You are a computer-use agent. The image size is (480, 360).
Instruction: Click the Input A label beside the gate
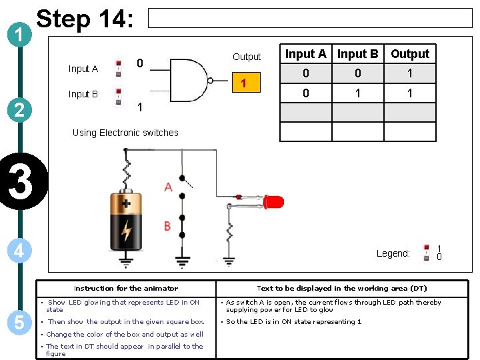83,69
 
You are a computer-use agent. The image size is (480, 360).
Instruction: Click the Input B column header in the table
357,54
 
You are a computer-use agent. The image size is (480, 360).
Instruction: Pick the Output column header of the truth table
410,54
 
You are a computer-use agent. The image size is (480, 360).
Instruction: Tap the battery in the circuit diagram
126,219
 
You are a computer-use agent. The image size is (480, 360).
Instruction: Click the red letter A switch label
168,187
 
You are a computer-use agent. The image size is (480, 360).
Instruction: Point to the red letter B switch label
167,227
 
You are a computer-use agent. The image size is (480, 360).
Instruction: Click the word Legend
393,253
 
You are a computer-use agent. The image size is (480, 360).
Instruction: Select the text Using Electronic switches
125,133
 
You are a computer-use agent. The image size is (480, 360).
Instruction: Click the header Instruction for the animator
126,289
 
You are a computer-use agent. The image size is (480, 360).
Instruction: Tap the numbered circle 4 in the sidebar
19,251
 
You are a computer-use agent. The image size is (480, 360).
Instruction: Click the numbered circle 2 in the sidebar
19,109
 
